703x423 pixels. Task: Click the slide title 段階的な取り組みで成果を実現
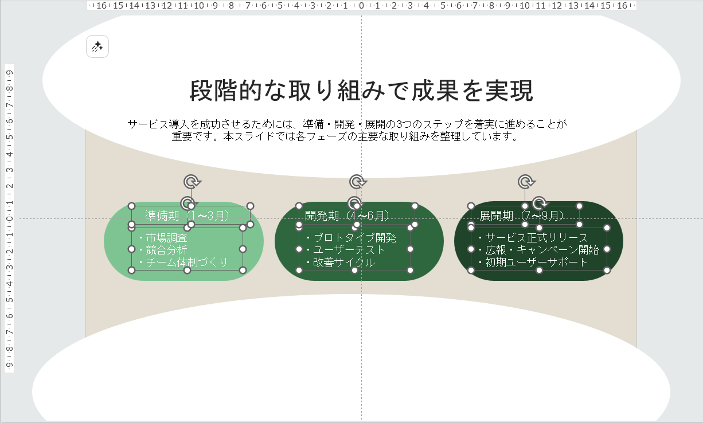coord(362,91)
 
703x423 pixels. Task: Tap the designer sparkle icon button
coord(97,47)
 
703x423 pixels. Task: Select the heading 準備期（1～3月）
coord(188,216)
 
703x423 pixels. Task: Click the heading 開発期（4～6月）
coord(347,216)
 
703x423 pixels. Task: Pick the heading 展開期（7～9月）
coord(522,216)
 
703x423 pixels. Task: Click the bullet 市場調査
coord(163,237)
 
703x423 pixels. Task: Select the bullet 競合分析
coord(163,250)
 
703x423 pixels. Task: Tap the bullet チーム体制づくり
coord(183,262)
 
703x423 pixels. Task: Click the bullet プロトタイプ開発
coord(351,237)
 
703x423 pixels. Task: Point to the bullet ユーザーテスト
coord(346,250)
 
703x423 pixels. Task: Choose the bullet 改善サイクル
coord(341,262)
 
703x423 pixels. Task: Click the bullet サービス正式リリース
coord(533,237)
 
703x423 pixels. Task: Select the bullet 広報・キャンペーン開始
coord(538,250)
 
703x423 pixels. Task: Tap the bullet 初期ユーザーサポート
coord(533,262)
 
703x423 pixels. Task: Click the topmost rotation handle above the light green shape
coord(192,182)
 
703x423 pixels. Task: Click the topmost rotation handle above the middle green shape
coord(357,182)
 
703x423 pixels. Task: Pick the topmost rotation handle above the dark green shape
coord(526,182)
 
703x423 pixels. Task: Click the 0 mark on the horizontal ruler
coord(361,6)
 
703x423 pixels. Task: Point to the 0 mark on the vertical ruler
coord(9,219)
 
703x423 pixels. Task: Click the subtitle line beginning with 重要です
coord(345,136)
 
